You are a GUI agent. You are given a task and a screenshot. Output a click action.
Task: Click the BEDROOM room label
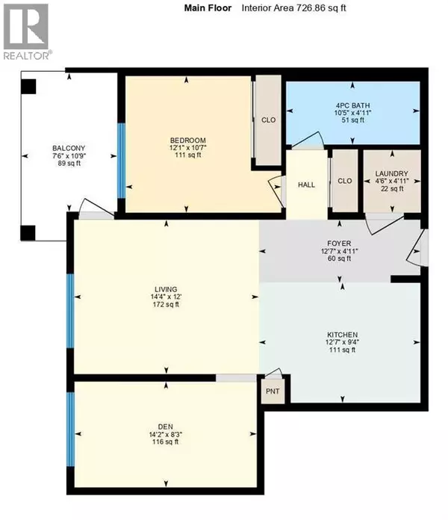tap(187, 140)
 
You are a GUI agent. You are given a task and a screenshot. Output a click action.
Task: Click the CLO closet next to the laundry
tap(344, 180)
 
